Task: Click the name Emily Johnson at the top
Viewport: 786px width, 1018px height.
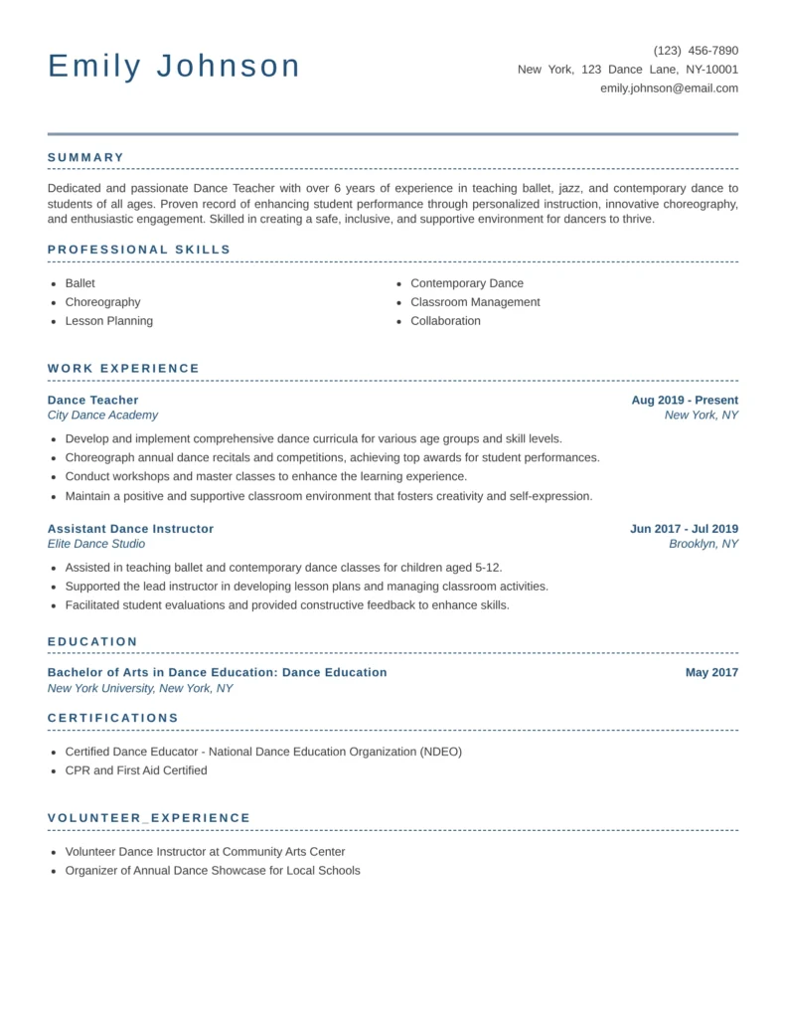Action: (x=174, y=67)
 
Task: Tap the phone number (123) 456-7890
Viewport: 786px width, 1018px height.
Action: (x=696, y=51)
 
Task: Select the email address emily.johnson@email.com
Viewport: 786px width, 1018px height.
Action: (x=669, y=88)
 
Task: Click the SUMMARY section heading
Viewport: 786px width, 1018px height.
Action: (x=86, y=157)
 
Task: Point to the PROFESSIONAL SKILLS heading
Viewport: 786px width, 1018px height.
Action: (x=139, y=250)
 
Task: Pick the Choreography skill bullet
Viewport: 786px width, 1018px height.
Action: (x=102, y=302)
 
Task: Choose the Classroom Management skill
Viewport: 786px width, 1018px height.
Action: (x=475, y=302)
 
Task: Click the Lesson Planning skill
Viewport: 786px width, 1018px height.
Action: (x=108, y=321)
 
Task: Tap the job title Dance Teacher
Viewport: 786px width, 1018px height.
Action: (x=93, y=400)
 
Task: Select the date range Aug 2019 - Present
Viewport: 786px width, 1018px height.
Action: (x=685, y=400)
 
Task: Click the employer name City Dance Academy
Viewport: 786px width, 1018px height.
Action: (x=102, y=416)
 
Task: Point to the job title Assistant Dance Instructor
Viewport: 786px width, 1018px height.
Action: (x=130, y=529)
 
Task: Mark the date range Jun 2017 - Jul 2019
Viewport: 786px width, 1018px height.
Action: (x=684, y=529)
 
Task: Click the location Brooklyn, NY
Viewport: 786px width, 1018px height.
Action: (x=704, y=544)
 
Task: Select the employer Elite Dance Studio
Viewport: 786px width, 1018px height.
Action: (x=96, y=544)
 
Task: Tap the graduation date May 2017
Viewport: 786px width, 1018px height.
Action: (x=711, y=673)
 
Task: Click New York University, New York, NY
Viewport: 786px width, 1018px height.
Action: (x=140, y=688)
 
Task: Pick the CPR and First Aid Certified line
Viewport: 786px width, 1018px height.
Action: (x=136, y=770)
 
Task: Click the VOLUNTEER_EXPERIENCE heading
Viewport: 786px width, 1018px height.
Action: (x=149, y=818)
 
